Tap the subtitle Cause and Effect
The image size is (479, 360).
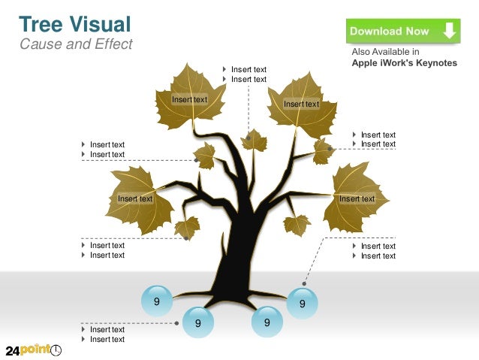coord(74,44)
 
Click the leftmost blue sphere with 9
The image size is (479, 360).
coord(157,301)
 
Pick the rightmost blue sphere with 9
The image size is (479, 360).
coord(302,304)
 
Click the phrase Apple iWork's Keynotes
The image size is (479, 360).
coord(404,63)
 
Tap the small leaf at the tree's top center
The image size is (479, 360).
coord(254,141)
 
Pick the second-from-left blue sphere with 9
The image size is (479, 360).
coord(198,322)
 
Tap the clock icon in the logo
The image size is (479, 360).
coord(56,351)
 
